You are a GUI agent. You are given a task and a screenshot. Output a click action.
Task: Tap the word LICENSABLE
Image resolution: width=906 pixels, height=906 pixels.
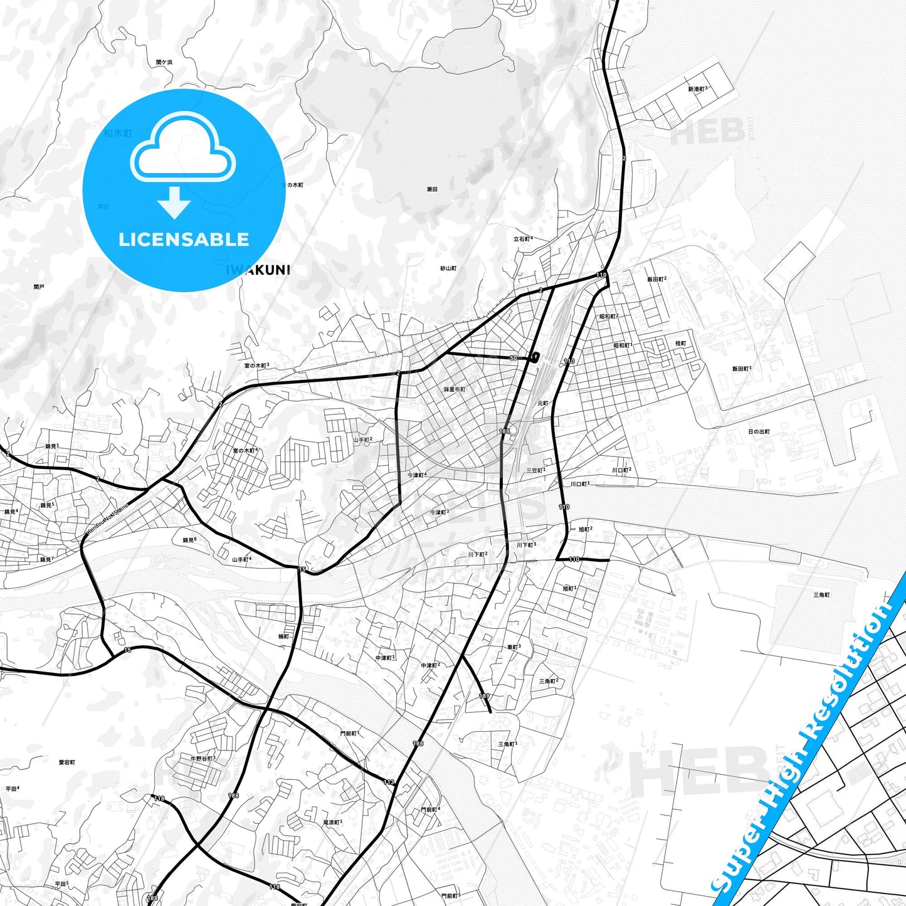(x=184, y=240)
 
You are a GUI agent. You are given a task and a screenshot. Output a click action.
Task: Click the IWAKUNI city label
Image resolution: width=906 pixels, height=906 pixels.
(x=258, y=270)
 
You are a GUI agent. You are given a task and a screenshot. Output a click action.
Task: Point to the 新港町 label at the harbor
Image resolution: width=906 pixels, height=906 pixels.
(x=697, y=90)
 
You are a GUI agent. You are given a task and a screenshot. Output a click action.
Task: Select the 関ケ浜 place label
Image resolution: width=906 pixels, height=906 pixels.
(x=164, y=63)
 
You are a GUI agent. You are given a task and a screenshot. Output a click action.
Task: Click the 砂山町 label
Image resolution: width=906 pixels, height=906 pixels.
(x=448, y=268)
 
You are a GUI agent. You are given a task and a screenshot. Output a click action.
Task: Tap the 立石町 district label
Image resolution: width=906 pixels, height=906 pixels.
(x=522, y=239)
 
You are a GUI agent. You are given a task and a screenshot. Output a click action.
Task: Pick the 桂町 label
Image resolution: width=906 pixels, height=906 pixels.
(x=680, y=344)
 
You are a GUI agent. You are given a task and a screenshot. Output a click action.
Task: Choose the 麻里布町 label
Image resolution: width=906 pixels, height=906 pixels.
(x=454, y=389)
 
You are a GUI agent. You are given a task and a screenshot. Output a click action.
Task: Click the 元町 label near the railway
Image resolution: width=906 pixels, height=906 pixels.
(x=542, y=403)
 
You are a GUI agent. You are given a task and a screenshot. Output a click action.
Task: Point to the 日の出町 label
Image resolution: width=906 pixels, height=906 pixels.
(x=759, y=432)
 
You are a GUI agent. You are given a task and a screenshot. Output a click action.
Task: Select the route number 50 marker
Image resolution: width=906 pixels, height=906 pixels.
(x=514, y=358)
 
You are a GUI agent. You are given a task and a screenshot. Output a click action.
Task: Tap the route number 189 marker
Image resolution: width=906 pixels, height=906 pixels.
(x=484, y=696)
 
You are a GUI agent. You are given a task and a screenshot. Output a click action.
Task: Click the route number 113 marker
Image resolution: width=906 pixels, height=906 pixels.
(x=389, y=782)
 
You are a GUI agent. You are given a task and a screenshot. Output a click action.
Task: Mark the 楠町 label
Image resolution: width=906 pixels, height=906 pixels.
(x=283, y=636)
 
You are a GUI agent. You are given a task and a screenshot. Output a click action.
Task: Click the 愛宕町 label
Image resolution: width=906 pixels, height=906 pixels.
(x=66, y=762)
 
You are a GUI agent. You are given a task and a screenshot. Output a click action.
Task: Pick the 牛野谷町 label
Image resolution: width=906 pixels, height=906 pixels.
(x=203, y=758)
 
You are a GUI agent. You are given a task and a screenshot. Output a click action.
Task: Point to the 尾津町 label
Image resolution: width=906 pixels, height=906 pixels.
(x=332, y=822)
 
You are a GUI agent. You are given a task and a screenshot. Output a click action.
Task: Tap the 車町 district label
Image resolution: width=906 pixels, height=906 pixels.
(x=514, y=647)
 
